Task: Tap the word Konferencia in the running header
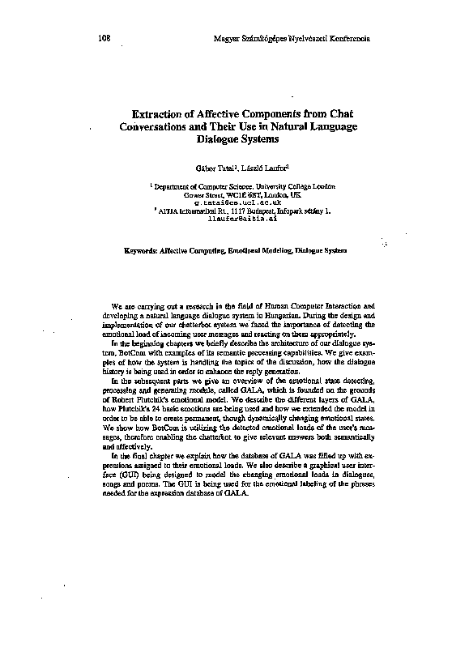click(347, 39)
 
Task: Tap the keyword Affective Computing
click(193, 252)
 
